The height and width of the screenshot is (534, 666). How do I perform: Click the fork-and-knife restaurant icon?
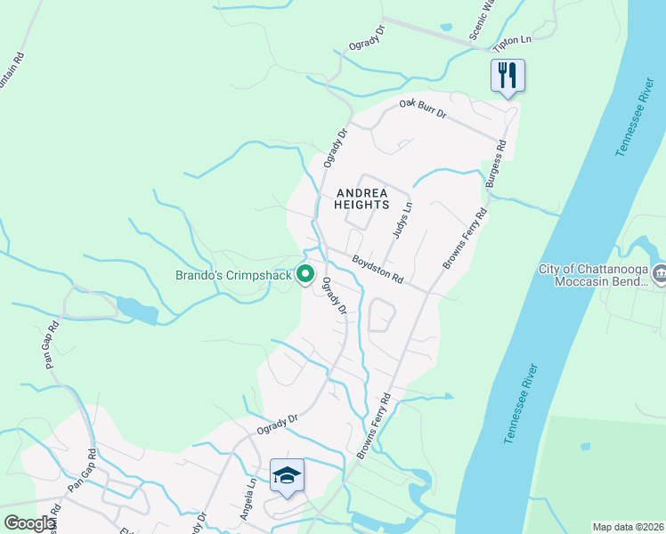click(x=508, y=75)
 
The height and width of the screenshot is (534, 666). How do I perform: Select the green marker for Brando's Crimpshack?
click(x=305, y=275)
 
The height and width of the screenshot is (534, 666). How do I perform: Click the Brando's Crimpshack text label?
click(x=234, y=276)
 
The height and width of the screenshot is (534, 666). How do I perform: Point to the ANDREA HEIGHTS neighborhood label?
click(x=361, y=198)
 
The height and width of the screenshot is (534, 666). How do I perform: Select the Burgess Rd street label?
click(x=496, y=163)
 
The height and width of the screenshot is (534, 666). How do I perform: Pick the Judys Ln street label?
click(x=403, y=220)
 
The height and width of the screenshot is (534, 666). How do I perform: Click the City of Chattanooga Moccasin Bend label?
click(x=593, y=276)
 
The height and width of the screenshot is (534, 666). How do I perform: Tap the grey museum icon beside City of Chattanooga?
click(x=660, y=275)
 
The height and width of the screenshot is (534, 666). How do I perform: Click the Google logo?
click(x=28, y=522)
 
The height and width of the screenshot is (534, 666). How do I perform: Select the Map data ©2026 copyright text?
click(x=628, y=527)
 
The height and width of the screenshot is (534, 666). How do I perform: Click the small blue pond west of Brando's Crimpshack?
click(x=136, y=310)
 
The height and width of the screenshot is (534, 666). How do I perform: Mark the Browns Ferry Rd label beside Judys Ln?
click(x=466, y=240)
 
